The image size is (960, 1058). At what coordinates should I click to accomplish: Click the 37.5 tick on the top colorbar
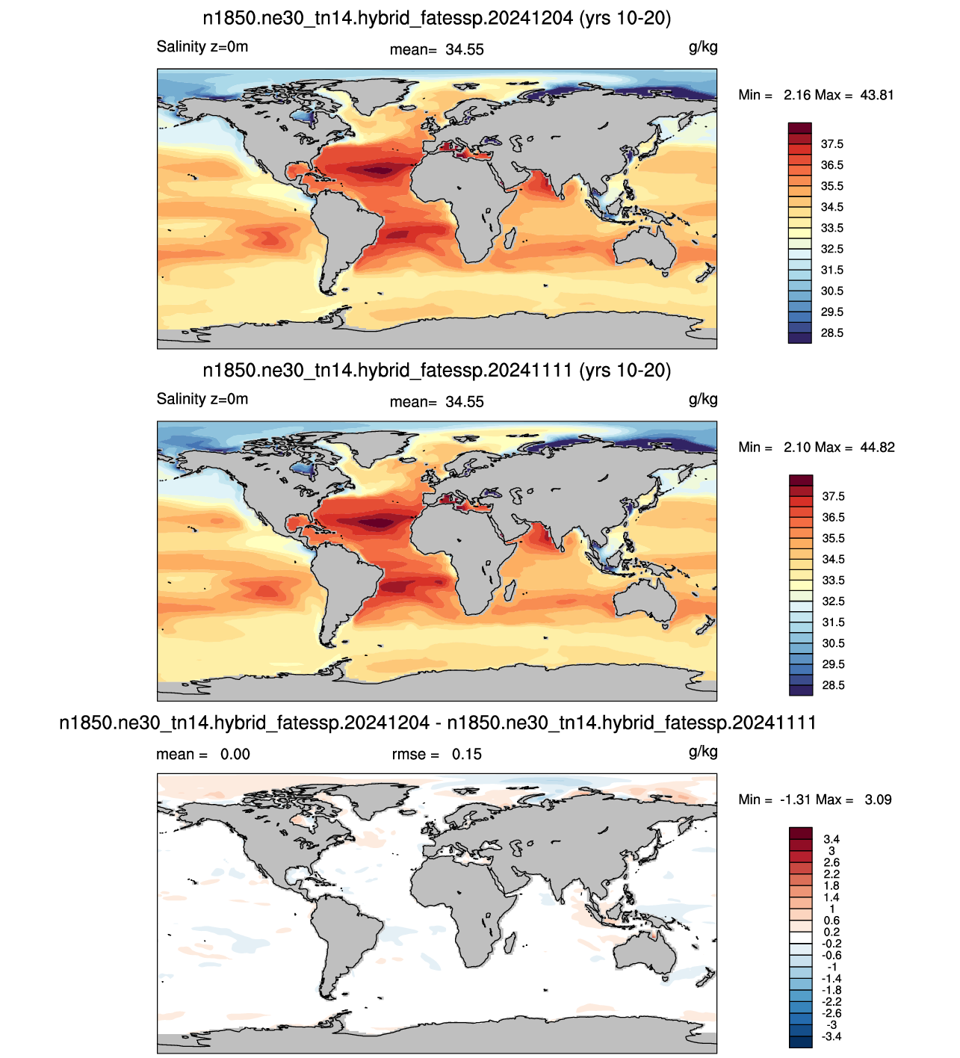(832, 144)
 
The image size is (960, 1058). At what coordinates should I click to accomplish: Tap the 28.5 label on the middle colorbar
(834, 685)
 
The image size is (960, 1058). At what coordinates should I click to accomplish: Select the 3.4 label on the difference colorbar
(832, 839)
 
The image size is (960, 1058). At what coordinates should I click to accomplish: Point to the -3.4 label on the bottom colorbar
(832, 1036)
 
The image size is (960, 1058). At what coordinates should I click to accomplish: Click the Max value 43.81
(877, 96)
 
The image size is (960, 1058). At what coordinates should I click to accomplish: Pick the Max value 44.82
(878, 448)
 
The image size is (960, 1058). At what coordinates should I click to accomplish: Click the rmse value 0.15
(467, 755)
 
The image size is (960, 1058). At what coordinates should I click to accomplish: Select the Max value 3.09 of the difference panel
(879, 800)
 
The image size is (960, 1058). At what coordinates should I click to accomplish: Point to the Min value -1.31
(796, 800)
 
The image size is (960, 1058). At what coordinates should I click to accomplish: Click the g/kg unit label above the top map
(703, 48)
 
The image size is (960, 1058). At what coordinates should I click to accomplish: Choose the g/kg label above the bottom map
(703, 752)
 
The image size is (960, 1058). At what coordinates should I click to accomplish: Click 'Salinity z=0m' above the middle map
(202, 399)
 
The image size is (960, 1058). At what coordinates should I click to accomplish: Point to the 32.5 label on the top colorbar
(832, 249)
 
